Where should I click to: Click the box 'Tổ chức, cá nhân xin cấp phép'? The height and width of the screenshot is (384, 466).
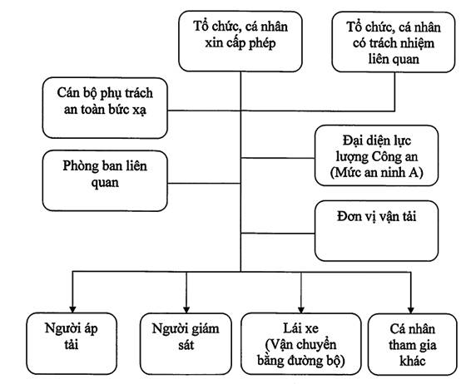pyautogui.click(x=240, y=42)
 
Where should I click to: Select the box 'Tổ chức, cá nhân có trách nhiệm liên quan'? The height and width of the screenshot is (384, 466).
pyautogui.click(x=393, y=42)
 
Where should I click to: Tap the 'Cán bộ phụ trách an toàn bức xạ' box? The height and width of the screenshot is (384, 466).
pyautogui.click(x=105, y=108)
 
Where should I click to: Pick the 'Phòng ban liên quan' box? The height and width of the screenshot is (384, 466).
pyautogui.click(x=105, y=180)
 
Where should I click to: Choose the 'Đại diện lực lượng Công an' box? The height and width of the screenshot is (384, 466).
pyautogui.click(x=376, y=155)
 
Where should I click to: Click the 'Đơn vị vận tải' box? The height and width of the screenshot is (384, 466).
pyautogui.click(x=376, y=231)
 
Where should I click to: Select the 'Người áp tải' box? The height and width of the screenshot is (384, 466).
pyautogui.click(x=72, y=343)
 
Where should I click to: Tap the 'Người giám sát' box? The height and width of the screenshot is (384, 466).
pyautogui.click(x=186, y=344)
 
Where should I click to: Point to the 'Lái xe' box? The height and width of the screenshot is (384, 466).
pyautogui.click(x=300, y=344)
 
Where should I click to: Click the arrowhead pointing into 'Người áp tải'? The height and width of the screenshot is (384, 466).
pyautogui.click(x=72, y=309)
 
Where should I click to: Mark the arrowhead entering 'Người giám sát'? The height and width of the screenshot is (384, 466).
pyautogui.click(x=186, y=310)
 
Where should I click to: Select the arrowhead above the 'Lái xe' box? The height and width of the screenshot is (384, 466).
pyautogui.click(x=301, y=310)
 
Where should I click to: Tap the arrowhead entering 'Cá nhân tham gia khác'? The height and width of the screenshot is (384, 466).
pyautogui.click(x=411, y=310)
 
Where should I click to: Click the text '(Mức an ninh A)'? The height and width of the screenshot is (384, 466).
pyautogui.click(x=376, y=172)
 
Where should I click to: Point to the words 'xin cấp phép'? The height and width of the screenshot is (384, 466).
pyautogui.click(x=240, y=43)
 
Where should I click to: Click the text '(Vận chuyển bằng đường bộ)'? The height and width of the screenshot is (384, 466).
pyautogui.click(x=300, y=353)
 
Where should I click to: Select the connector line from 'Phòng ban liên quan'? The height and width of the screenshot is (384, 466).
pyautogui.click(x=204, y=184)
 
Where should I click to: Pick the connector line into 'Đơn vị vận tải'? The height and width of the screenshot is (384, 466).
pyautogui.click(x=278, y=234)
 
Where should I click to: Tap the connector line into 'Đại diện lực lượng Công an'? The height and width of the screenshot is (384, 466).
pyautogui.click(x=278, y=158)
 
